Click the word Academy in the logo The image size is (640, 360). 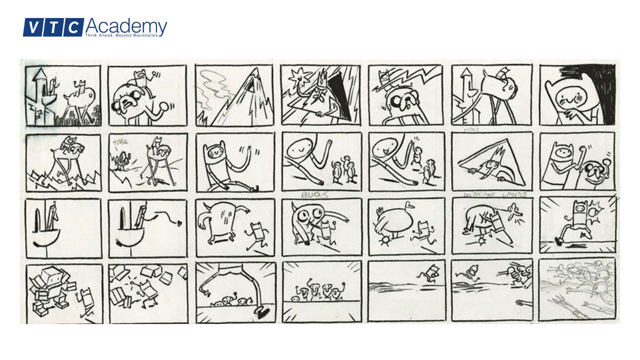pyautogui.click(x=126, y=26)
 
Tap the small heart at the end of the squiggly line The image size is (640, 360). pyautogui.click(x=178, y=220)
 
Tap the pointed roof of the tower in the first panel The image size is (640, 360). pyautogui.click(x=40, y=75)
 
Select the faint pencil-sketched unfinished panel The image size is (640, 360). pyautogui.click(x=577, y=290)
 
